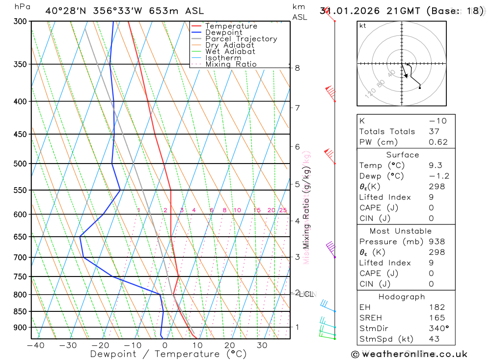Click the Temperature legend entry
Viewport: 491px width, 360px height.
pos(231,26)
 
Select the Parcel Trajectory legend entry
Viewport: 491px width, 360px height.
pos(241,39)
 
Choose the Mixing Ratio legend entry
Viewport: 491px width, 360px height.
pos(231,64)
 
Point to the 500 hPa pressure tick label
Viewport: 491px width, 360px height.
pos(20,164)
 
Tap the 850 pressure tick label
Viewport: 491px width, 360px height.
pos(20,311)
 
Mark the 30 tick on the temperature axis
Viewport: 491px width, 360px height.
pos(262,345)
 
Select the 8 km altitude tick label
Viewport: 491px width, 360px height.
pos(298,68)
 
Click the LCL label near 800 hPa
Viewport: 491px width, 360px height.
pos(306,294)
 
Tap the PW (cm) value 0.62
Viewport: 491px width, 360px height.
pos(438,142)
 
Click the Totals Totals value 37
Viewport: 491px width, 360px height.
pos(434,132)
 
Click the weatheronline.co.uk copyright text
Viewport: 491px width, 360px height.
pos(409,354)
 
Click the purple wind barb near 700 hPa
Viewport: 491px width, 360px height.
pos(330,248)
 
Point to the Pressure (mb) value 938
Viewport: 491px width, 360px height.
pos(436,242)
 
